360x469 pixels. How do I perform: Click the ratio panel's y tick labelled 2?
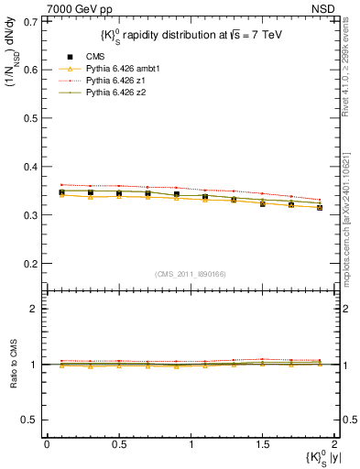(x=34, y=309)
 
